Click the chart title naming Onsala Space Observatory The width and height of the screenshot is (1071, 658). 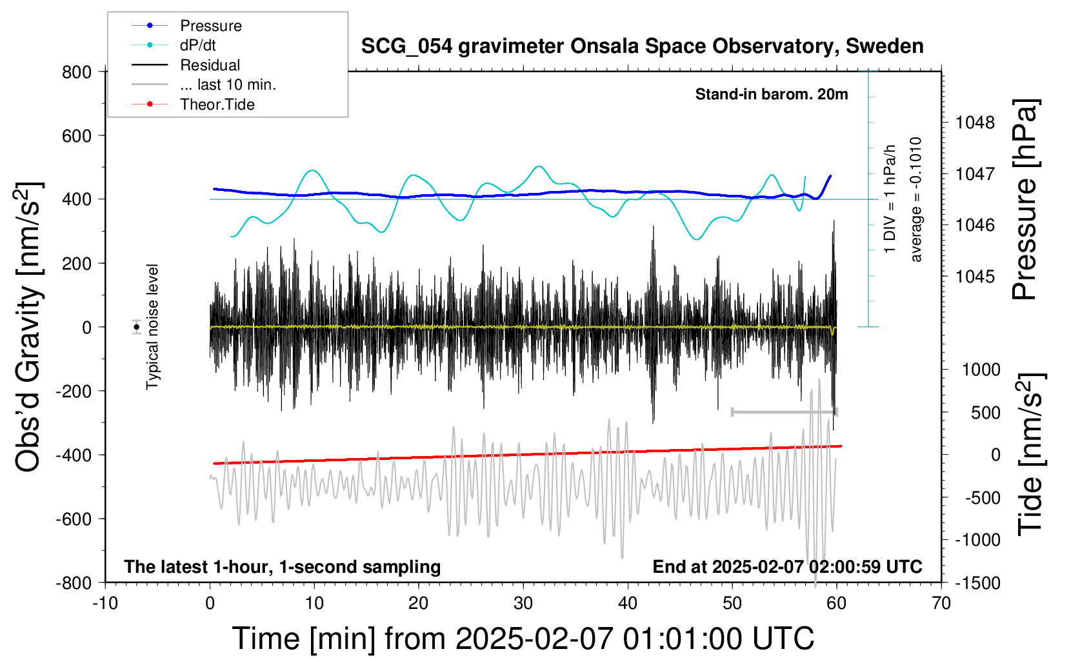642,46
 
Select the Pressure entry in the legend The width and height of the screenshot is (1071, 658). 210,26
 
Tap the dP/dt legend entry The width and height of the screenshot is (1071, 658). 197,45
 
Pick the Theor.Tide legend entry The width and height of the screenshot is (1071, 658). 217,105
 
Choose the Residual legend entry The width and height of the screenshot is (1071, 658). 210,65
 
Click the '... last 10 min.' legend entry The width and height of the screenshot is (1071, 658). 228,85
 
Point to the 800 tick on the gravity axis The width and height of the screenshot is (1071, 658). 77,72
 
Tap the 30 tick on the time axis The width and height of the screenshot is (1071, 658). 523,603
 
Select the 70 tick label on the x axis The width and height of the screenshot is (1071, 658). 941,603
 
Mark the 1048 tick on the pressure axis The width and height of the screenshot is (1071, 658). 975,122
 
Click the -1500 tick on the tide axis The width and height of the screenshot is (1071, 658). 976,583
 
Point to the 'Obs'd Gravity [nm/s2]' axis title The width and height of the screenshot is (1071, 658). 28,327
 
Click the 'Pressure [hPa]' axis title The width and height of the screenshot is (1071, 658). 1025,199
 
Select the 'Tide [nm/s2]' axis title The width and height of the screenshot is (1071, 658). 1030,454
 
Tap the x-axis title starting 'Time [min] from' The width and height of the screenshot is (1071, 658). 523,639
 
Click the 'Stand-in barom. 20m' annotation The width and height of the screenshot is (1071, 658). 771,94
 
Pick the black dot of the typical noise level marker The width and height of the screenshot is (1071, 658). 137,327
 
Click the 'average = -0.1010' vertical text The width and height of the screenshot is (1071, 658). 916,199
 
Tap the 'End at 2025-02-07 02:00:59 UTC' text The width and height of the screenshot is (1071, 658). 787,566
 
